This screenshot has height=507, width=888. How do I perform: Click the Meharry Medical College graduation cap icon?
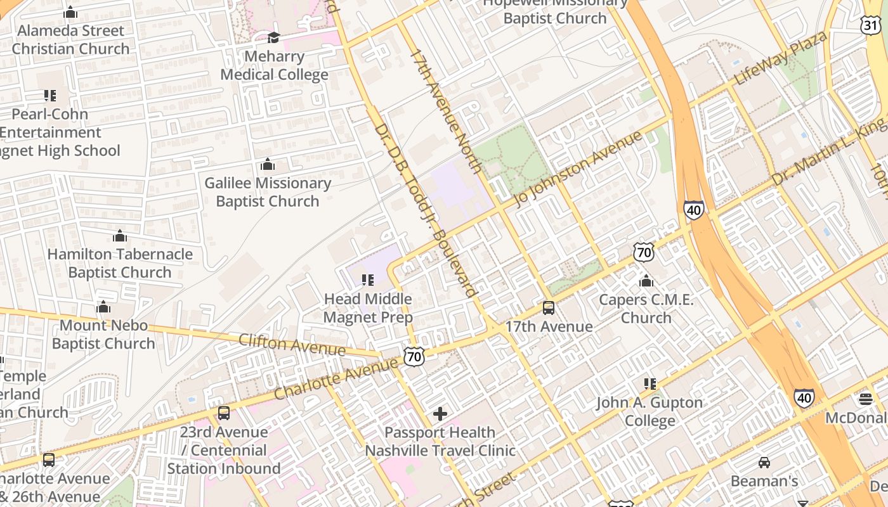coord(273,38)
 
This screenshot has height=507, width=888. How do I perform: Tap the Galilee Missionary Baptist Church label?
coord(268,192)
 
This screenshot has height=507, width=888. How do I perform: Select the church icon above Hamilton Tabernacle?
coord(120,236)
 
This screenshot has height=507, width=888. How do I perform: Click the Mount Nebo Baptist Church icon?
coord(103,307)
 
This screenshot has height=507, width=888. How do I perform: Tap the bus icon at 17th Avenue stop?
coord(549,308)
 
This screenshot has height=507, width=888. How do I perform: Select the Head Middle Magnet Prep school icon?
coord(368,279)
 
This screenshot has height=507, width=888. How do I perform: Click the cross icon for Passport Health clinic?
coord(440,414)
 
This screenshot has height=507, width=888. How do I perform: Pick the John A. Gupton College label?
coord(650,411)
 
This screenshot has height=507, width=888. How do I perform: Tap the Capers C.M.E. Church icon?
coord(646,281)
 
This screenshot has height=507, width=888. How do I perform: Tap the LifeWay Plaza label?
coord(781,58)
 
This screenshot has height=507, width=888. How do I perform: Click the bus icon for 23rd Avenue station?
coord(224,413)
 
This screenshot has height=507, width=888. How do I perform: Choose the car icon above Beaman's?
coord(764,463)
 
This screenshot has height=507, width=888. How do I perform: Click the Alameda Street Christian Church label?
coord(70,39)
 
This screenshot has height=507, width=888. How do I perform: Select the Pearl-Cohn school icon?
coord(50,96)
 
